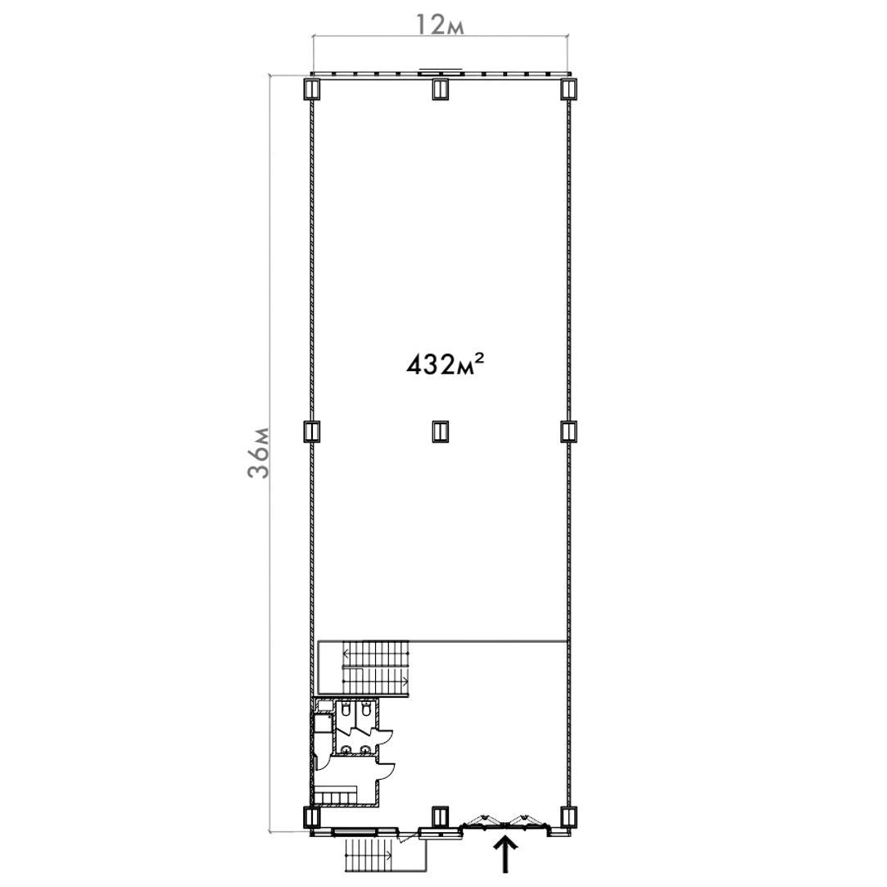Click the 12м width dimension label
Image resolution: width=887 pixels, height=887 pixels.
click(440, 25)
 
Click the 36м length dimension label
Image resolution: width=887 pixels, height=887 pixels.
click(259, 454)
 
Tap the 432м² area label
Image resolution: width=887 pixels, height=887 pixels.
click(445, 364)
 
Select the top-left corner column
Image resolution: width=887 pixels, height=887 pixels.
click(312, 89)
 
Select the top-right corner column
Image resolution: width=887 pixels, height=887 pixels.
click(568, 89)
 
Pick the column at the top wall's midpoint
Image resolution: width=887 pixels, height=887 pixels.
click(440, 89)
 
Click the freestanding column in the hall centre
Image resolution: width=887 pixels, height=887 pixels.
click(440, 432)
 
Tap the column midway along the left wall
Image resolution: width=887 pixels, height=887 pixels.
click(312, 432)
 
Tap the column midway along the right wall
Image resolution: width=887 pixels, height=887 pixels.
click(568, 432)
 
